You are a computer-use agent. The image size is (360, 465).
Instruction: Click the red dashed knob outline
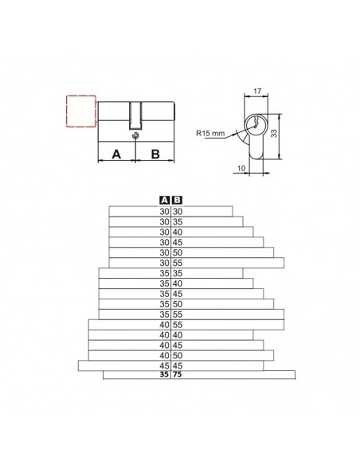tap(67, 111)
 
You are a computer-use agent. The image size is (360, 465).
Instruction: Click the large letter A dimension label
tap(116, 154)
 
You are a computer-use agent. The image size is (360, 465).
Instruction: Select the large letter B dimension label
tap(155, 154)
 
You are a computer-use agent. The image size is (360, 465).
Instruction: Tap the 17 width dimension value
tap(257, 91)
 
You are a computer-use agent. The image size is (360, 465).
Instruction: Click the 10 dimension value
tap(241, 168)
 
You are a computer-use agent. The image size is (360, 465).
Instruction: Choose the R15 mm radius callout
tap(210, 133)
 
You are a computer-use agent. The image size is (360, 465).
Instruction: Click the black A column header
tap(164, 201)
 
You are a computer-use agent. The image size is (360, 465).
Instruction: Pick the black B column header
tap(177, 201)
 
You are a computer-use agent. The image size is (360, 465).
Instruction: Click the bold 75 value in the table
tap(177, 374)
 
